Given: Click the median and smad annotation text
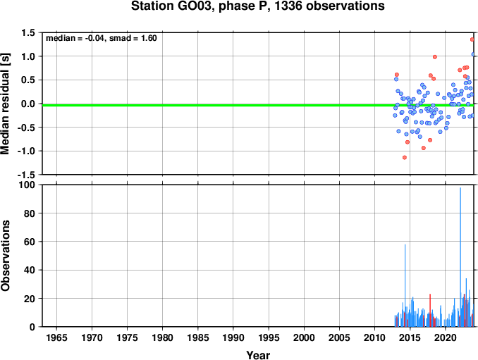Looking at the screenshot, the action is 102,38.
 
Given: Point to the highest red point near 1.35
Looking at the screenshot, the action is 472,39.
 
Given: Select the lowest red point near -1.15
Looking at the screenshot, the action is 405,158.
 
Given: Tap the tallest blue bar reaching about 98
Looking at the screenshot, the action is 460,257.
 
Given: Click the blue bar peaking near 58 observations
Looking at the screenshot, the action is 405,285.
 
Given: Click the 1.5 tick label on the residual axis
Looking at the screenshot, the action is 28,32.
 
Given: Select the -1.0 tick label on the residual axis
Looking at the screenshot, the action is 26,151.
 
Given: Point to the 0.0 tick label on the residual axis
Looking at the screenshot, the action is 28,104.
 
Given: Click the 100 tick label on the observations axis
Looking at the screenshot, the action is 27,185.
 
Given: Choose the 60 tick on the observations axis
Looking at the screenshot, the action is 30,242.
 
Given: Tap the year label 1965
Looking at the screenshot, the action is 56,337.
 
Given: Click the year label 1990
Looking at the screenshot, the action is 233,337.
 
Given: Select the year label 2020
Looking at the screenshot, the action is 446,337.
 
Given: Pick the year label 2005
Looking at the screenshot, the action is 339,337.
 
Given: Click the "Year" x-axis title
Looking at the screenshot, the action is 258,355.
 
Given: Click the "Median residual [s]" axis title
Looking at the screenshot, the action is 5,104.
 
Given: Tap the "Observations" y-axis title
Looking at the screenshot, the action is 5,256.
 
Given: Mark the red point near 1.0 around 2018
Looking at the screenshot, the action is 435,57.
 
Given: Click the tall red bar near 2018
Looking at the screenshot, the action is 430,311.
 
